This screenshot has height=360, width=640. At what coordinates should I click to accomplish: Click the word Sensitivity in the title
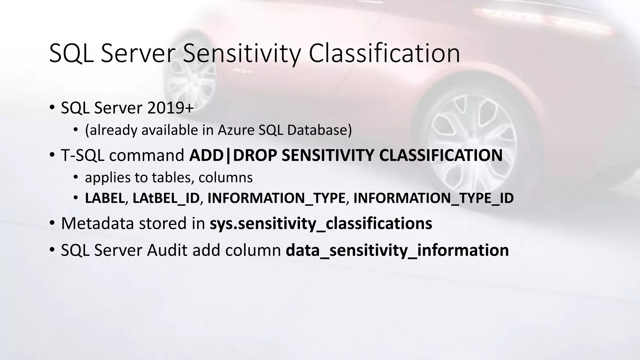241,54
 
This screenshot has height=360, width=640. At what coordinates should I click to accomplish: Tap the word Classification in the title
384,54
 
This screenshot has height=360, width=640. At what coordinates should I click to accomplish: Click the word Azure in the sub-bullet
236,130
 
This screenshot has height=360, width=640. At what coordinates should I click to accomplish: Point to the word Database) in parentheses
319,130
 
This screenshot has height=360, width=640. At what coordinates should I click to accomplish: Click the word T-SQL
83,155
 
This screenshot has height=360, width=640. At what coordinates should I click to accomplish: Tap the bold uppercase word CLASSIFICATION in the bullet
441,155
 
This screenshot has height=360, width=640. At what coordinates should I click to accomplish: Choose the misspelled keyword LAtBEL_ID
166,198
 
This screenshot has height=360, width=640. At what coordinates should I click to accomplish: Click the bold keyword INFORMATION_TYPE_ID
433,198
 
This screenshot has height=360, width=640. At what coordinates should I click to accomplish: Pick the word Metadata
97,223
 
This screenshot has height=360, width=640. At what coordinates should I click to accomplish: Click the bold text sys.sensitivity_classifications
321,223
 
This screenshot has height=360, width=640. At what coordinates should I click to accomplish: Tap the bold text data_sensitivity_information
397,250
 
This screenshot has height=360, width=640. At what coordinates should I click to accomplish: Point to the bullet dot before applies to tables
75,177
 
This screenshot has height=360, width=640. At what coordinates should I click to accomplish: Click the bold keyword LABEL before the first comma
105,198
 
